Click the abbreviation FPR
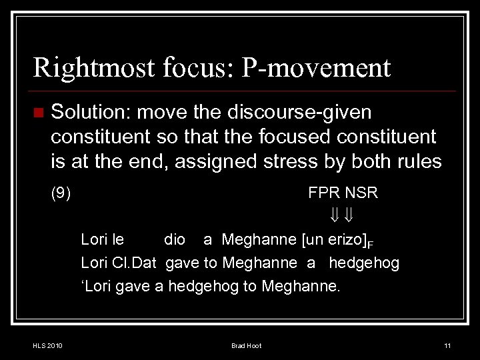point(324,193)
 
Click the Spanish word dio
point(175,240)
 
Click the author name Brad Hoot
point(246,345)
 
